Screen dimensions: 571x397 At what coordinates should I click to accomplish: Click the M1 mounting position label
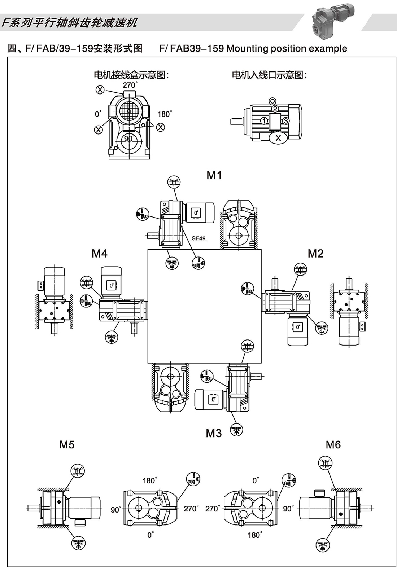[x=214, y=175]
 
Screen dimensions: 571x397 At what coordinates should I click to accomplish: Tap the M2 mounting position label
[x=315, y=254]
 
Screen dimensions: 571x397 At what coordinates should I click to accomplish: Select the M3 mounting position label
[x=214, y=433]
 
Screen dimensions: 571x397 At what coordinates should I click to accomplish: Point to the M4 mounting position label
[x=99, y=254]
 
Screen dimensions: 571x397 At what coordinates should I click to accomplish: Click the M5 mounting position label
[x=67, y=445]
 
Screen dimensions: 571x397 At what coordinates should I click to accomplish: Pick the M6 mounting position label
[x=333, y=445]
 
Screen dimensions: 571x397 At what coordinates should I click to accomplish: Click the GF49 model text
[x=198, y=238]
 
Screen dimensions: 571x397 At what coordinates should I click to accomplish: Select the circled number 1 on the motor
[x=264, y=121]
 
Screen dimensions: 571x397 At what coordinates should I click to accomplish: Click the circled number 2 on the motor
[x=275, y=109]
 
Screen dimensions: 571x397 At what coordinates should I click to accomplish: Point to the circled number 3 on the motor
[x=285, y=121]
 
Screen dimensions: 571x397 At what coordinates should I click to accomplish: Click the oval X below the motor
[x=278, y=138]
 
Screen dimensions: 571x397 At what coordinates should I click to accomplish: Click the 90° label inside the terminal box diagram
[x=128, y=139]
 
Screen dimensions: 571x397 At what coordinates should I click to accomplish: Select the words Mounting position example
[x=287, y=49]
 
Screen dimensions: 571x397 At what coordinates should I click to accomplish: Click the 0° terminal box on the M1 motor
[x=196, y=213]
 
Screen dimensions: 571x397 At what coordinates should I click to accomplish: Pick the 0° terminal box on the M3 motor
[x=213, y=399]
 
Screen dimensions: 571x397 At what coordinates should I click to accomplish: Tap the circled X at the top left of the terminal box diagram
[x=100, y=90]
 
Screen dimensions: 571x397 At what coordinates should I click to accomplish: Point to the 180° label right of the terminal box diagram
[x=164, y=114]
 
